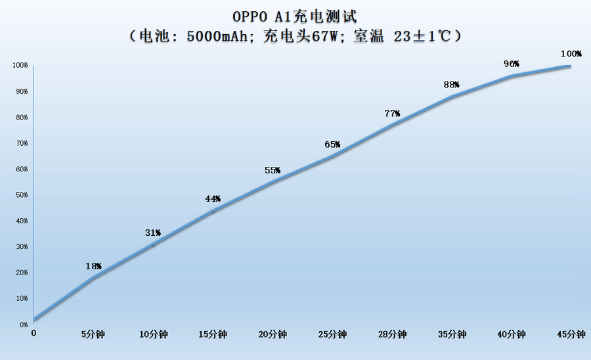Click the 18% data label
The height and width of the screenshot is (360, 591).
[93, 266]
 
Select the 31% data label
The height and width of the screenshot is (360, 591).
[153, 233]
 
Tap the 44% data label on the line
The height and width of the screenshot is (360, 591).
[213, 199]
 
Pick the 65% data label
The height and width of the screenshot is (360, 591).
[332, 145]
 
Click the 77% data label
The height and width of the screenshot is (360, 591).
[392, 113]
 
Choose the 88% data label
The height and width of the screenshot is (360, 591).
[452, 85]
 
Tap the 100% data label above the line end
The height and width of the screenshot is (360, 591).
[571, 53]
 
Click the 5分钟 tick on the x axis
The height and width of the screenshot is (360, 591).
[93, 334]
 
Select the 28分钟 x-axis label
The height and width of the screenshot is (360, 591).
[392, 334]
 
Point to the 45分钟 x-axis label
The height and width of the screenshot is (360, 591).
[571, 334]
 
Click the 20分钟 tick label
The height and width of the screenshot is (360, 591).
[273, 334]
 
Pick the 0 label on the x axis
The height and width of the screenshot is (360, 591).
[34, 334]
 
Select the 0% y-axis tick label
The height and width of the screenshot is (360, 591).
[23, 324]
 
